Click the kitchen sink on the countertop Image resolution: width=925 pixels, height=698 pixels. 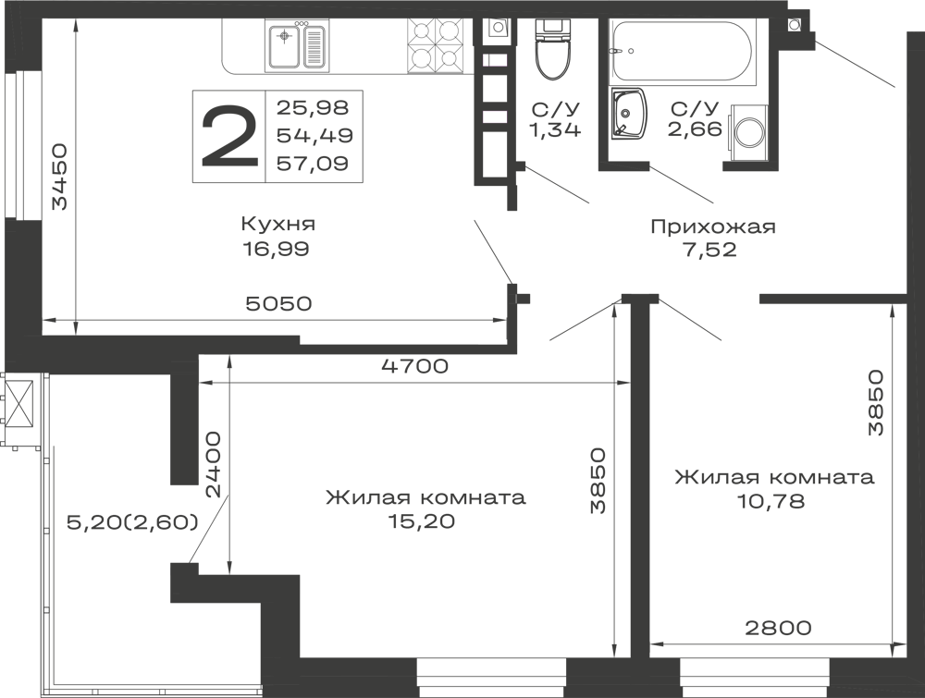(297, 46)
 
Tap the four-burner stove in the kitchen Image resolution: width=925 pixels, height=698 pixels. (434, 46)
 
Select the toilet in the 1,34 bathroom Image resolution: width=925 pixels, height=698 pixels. (553, 50)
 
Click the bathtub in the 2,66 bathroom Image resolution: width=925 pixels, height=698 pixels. (681, 51)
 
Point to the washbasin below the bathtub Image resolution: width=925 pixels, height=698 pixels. (628, 115)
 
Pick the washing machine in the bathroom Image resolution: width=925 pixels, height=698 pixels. (748, 133)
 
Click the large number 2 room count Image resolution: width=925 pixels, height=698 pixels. (230, 136)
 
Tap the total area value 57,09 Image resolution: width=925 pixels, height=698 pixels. (314, 163)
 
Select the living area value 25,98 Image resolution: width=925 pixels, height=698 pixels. (314, 107)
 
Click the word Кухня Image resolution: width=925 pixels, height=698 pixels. (278, 224)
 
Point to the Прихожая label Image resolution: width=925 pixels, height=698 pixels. (712, 227)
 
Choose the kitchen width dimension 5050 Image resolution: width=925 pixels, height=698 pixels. (277, 303)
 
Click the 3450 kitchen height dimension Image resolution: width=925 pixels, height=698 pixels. (61, 177)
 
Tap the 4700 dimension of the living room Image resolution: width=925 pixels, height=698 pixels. (414, 366)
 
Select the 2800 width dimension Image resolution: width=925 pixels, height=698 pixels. (778, 628)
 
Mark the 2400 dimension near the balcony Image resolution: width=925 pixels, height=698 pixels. (212, 464)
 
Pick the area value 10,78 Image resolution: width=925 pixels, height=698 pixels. (771, 501)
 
